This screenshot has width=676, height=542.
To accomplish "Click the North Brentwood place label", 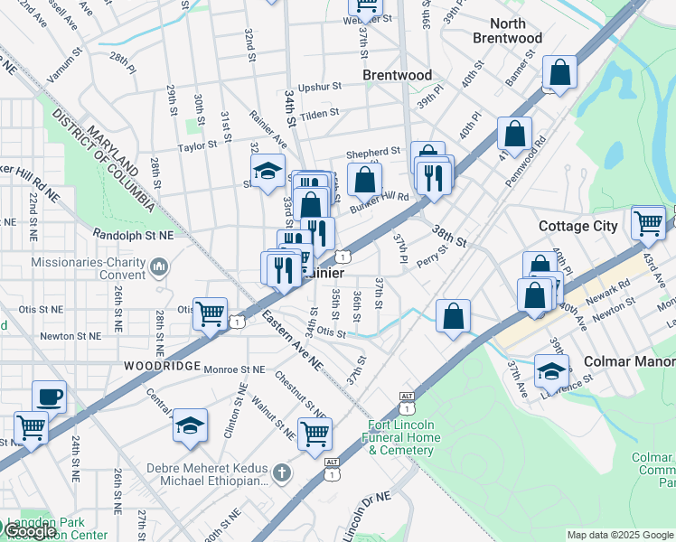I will [507, 31].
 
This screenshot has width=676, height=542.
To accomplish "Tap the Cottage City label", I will [578, 226].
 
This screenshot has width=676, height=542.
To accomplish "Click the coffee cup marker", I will [49, 397].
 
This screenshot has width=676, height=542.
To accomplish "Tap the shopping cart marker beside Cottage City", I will [648, 221].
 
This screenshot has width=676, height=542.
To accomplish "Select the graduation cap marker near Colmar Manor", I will [551, 370].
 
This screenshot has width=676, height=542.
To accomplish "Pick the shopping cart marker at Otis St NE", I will [211, 314].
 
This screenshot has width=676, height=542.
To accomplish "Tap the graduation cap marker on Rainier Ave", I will [268, 171].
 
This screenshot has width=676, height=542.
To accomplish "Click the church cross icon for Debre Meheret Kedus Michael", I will [282, 472].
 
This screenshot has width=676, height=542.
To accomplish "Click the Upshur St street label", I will [322, 87].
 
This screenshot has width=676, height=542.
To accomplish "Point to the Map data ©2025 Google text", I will [619, 535].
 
